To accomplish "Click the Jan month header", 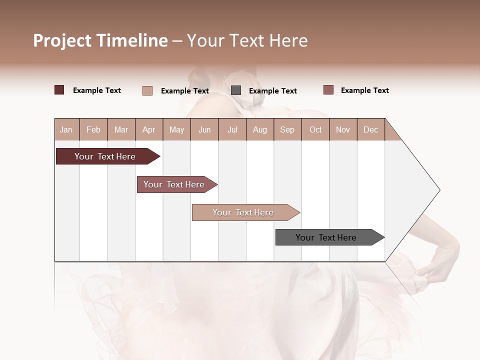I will (66, 129).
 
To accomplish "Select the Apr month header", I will (148, 129).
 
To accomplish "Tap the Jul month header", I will (232, 129).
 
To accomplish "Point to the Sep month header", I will (287, 129).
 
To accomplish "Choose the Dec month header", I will (370, 129).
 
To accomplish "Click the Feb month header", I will (93, 129).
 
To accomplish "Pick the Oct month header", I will (315, 129).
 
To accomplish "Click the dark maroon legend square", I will (59, 90).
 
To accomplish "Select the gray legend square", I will (236, 90).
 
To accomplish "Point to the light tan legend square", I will (147, 90).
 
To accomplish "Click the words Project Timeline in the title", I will (100, 40).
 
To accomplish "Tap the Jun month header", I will (204, 129).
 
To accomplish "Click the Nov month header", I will (343, 129).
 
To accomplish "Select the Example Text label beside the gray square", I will (273, 91).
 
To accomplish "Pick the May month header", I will (176, 129).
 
